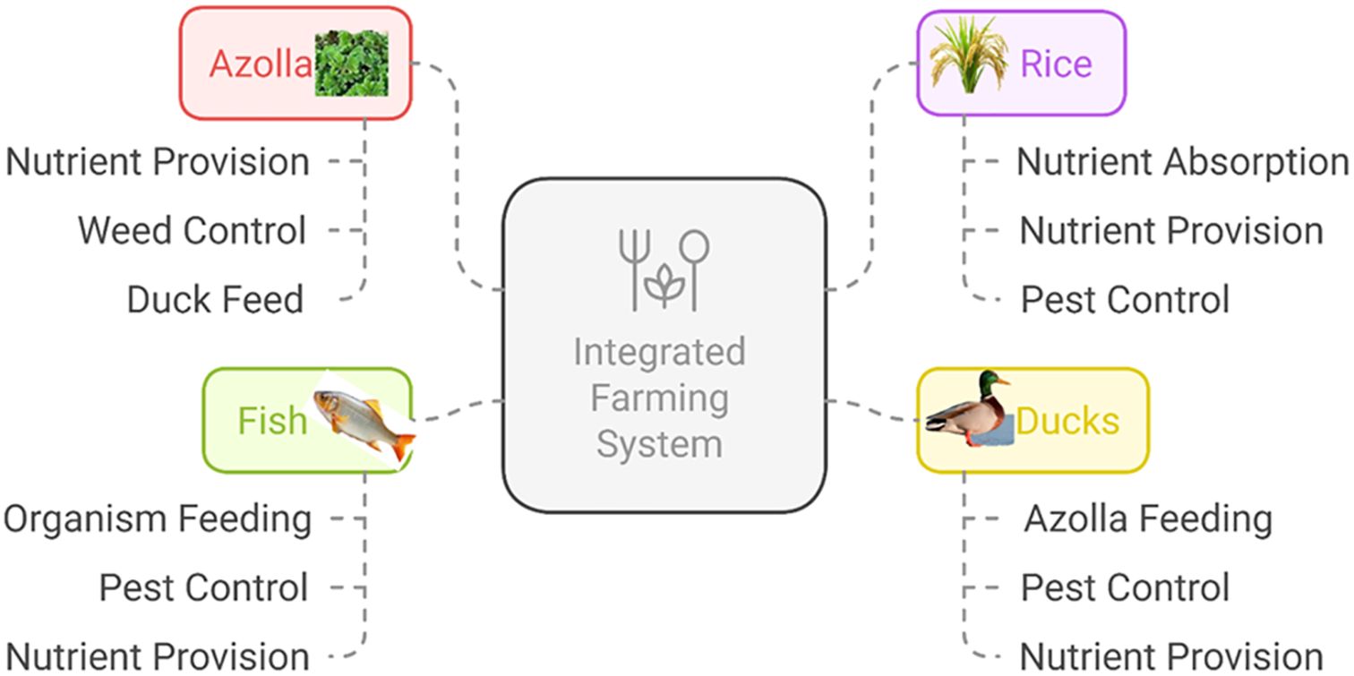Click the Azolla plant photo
[351, 63]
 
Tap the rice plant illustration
[968, 56]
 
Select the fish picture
[364, 421]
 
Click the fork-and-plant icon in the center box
[664, 269]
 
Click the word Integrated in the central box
[659, 352]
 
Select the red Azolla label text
[261, 64]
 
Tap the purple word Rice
[1056, 64]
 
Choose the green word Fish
[272, 421]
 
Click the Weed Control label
[192, 231]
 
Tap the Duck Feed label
[215, 300]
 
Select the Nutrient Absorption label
[1182, 162]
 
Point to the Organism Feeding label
[158, 519]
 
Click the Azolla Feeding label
[1148, 519]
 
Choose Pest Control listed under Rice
[1125, 300]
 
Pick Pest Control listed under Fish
[203, 588]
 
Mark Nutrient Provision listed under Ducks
[1171, 656]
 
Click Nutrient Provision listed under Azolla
[158, 162]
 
